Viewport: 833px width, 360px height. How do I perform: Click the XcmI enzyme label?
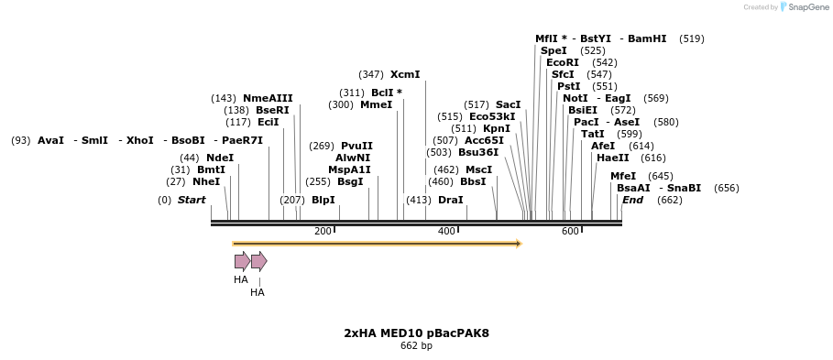point(404,74)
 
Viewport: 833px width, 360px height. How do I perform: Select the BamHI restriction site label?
point(647,38)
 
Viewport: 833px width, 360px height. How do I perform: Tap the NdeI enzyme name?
point(220,158)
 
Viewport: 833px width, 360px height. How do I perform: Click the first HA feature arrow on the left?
point(242,261)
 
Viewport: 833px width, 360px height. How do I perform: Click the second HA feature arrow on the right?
point(258,261)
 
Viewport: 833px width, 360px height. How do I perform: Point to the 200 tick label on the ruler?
point(323,232)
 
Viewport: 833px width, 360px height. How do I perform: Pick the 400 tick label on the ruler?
point(446,232)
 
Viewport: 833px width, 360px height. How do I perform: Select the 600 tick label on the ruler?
point(570,232)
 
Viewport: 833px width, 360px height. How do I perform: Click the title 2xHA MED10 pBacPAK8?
point(416,333)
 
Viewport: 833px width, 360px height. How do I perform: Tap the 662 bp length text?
point(416,346)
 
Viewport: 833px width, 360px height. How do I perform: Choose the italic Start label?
point(192,200)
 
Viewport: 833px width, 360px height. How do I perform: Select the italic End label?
point(632,200)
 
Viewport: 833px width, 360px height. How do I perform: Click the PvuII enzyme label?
point(356,146)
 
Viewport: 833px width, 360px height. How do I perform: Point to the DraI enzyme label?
point(450,200)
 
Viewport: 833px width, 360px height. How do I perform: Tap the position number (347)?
point(371,74)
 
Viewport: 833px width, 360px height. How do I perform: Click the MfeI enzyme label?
point(623,176)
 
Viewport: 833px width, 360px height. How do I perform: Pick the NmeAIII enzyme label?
point(268,98)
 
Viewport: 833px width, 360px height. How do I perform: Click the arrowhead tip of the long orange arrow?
point(520,244)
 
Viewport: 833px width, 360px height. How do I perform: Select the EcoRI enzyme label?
point(563,62)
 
